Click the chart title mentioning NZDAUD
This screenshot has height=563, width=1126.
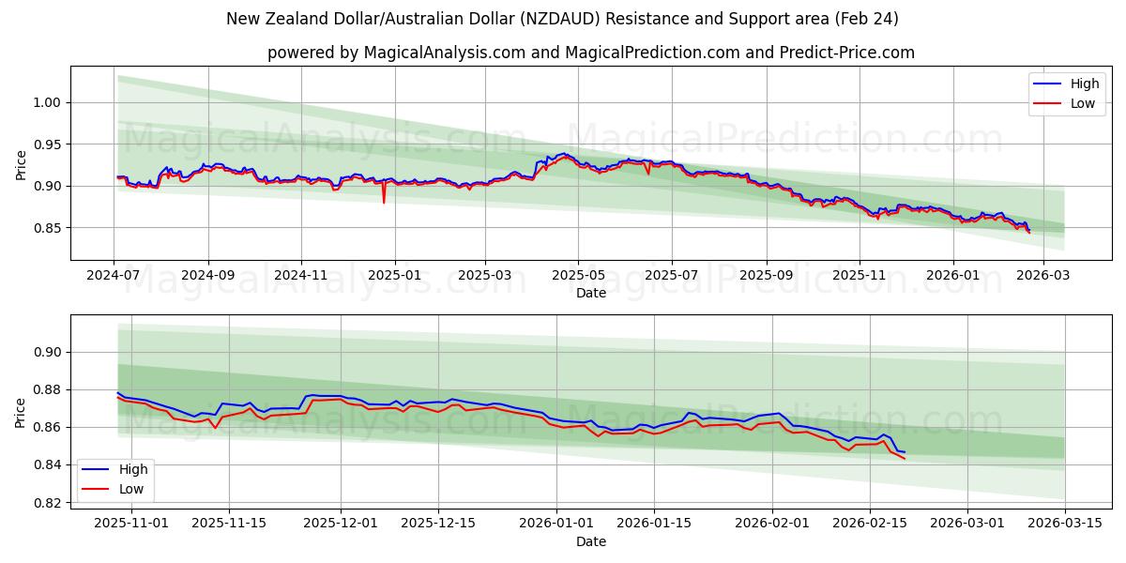coord(562,19)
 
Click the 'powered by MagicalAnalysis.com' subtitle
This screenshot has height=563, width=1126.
coord(590,53)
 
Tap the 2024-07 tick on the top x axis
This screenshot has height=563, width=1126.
coord(114,276)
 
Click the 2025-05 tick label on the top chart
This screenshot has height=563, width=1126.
coord(578,276)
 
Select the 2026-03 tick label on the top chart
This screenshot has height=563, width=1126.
coord(1043,276)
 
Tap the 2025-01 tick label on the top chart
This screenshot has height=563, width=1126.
coord(394,276)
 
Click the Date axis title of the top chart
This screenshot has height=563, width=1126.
coord(590,293)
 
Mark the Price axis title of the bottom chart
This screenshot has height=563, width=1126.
coord(21,412)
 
